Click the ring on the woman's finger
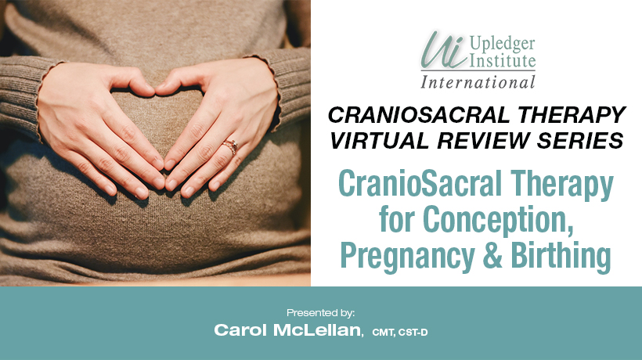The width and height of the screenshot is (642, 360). pyautogui.click(x=230, y=147)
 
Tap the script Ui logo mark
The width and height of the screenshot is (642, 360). pyautogui.click(x=444, y=50)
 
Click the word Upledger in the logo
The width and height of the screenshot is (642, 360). pyautogui.click(x=503, y=44)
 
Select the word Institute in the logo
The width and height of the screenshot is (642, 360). pyautogui.click(x=503, y=61)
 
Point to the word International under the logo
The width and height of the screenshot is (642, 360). pyautogui.click(x=478, y=82)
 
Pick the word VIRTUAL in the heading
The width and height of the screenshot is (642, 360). pyautogui.click(x=380, y=141)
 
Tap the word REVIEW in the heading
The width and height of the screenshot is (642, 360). pyautogui.click(x=483, y=141)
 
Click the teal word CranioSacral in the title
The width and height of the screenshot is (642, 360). pyautogui.click(x=420, y=184)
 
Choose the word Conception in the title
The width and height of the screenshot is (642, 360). pyautogui.click(x=497, y=220)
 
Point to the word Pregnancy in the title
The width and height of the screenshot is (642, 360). pyautogui.click(x=407, y=256)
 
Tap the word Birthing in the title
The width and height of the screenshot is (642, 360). pyautogui.click(x=561, y=255)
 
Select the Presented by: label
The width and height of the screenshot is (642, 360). pyautogui.click(x=320, y=313)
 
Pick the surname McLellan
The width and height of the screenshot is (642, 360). pyautogui.click(x=317, y=330)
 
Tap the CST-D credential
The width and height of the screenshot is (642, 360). pyautogui.click(x=413, y=333)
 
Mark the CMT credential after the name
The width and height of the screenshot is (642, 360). pyautogui.click(x=383, y=333)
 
